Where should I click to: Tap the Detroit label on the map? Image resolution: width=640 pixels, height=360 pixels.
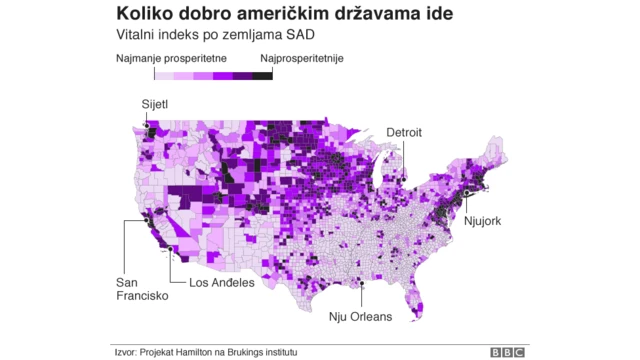[404, 132]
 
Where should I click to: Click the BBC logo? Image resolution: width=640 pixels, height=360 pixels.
[509, 352]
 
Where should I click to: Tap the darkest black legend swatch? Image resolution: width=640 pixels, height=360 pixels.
[262, 75]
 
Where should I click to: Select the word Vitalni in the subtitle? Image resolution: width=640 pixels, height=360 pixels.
[137, 37]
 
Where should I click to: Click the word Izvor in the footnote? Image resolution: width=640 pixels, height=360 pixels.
[125, 352]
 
